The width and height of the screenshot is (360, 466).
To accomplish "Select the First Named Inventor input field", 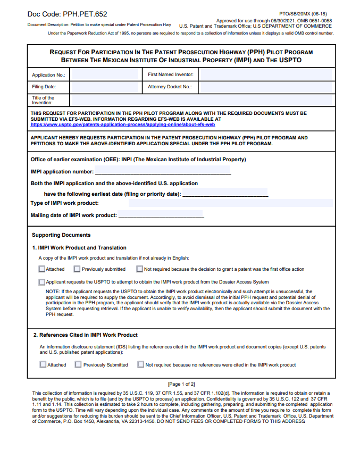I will point(265,75).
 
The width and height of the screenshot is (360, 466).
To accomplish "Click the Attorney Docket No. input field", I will point(265,87).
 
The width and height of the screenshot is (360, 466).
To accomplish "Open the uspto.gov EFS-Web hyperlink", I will point(123,124).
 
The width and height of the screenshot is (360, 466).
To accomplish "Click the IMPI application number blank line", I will point(163,171).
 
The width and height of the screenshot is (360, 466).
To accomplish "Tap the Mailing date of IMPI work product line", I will point(161,215).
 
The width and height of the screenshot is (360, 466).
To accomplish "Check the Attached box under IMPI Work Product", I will point(42,269).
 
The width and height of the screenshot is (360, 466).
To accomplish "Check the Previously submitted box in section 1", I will point(77,269).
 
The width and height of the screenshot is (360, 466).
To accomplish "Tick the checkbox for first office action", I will point(140,269).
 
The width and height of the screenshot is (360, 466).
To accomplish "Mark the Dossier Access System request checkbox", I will point(42,282).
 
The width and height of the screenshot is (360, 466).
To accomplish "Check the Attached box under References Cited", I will point(43,365).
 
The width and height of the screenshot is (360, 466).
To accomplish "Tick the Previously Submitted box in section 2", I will point(78,365).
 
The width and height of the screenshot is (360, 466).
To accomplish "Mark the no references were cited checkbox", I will point(141,365).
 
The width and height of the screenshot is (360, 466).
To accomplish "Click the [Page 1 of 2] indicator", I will point(181,384).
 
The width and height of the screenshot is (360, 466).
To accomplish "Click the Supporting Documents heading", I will point(61,235).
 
